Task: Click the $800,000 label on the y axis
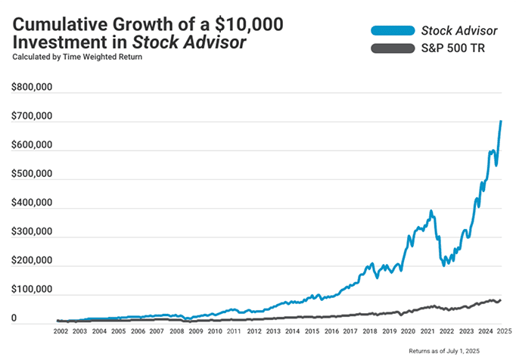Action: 32,88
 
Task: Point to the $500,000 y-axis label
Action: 32,174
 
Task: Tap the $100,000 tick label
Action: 32,290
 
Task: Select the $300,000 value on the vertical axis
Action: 32,232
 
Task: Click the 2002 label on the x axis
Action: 61,331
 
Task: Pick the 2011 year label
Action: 235,331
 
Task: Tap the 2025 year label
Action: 505,331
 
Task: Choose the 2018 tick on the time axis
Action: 370,331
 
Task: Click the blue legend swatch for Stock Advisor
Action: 391,31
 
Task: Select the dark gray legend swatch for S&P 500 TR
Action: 391,49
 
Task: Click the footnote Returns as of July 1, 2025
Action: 456,352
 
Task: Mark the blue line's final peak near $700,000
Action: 501,122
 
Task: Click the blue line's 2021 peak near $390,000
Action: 431,212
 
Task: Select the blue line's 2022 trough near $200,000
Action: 444,265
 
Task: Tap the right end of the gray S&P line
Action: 500,300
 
